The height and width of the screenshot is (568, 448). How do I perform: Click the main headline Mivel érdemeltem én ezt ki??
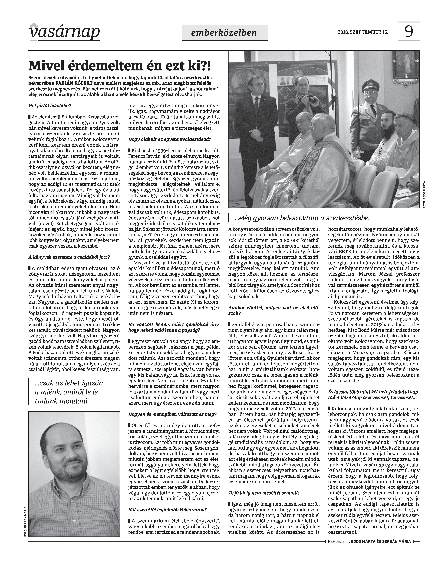coord(120,66)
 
